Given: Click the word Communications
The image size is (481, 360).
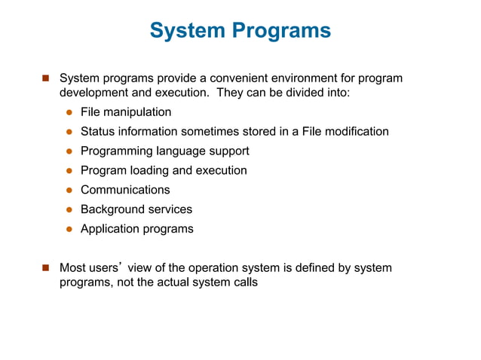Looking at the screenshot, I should point(125,190).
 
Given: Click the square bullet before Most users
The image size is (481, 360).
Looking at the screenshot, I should point(45,267).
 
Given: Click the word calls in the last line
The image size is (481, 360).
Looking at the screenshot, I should point(242,283).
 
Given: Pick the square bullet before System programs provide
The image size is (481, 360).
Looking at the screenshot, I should point(45,78).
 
